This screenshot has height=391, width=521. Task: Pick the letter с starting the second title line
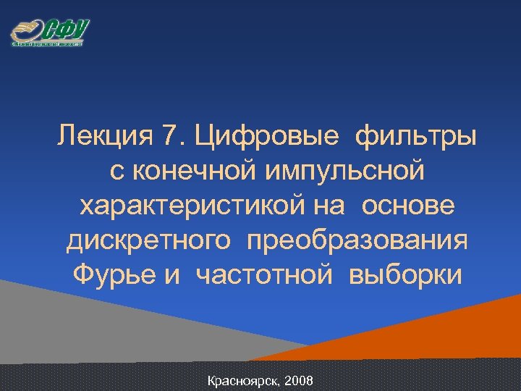tap(116, 172)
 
